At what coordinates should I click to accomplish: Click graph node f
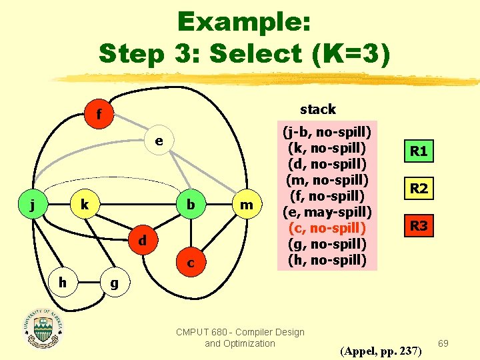tap(98, 115)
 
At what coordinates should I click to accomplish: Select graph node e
tap(158, 141)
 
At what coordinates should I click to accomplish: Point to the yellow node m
tap(247, 205)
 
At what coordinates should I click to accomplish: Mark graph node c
tap(191, 264)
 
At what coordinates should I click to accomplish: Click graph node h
tap(61, 283)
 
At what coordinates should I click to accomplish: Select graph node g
tap(114, 283)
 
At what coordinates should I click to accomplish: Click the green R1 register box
tap(419, 151)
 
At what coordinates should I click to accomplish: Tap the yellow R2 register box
tap(419, 189)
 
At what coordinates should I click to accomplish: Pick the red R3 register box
tap(419, 226)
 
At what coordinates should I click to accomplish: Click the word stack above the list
tap(317, 109)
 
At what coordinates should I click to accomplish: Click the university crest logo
tap(43, 327)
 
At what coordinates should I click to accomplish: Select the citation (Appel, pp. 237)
tap(380, 350)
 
